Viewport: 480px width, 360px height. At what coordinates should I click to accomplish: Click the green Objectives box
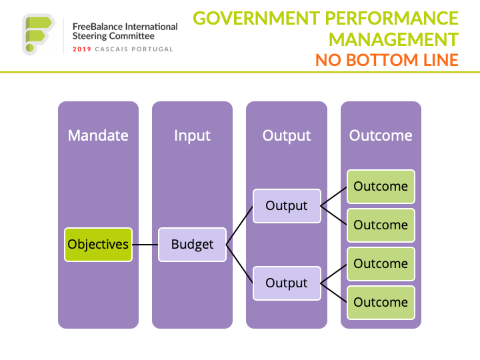coord(98,245)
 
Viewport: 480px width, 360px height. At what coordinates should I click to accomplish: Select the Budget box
coord(192,245)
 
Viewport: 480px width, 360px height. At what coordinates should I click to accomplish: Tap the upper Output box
coord(287,206)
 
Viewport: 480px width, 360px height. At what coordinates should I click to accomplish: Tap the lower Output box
coord(287,283)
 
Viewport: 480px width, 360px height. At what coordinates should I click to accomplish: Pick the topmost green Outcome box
coord(381,187)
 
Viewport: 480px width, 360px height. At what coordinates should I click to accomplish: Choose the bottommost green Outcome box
coord(381,303)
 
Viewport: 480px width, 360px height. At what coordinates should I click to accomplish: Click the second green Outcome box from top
coord(381,225)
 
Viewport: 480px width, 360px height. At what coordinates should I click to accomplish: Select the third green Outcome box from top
coord(381,264)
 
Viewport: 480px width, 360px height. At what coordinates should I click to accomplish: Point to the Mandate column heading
coord(98,135)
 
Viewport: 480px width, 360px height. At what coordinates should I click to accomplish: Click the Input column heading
coord(192,136)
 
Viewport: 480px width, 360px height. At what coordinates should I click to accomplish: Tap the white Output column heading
coord(287,136)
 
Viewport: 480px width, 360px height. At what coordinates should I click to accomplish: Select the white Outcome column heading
coord(381,135)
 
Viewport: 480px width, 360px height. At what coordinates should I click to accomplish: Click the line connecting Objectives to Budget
coord(145,245)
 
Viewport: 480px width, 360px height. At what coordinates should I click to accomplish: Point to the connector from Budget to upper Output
coord(239,225)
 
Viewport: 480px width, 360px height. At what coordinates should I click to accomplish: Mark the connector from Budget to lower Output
coord(239,264)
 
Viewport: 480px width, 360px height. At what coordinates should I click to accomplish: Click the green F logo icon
coord(38,34)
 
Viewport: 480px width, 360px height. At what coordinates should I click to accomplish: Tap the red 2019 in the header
coord(82,49)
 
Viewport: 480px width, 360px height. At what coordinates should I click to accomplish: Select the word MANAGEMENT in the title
coord(394,39)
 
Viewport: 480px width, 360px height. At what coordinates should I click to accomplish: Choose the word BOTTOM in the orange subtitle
coord(383,60)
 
